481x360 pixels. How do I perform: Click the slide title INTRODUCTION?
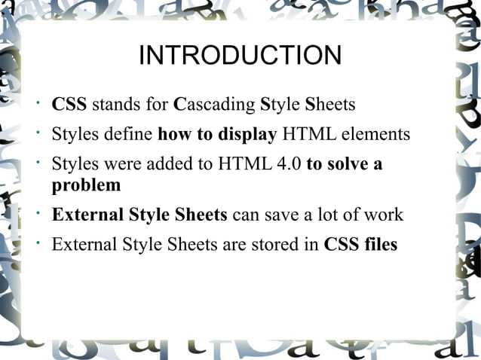(240, 56)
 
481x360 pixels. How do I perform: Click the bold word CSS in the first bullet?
(69, 104)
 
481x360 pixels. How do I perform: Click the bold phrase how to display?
(217, 135)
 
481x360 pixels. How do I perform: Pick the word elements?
(374, 135)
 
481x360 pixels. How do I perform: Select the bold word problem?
(86, 185)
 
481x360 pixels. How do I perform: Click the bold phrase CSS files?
(360, 245)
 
